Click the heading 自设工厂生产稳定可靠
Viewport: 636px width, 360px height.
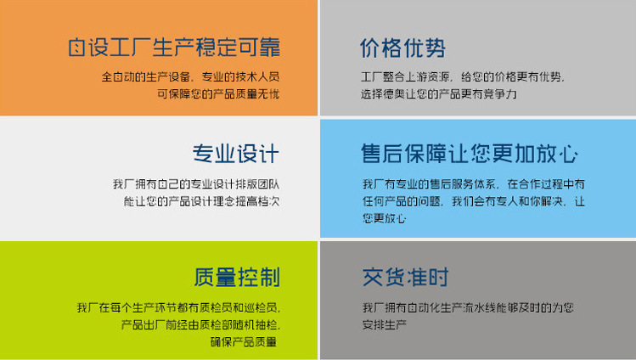point(174,47)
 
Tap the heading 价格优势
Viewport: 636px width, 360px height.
point(402,48)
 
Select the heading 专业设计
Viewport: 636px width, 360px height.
point(235,154)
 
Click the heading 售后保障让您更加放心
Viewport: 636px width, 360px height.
point(469,154)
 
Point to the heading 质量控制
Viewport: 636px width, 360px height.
point(236,277)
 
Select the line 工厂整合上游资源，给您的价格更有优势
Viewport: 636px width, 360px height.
point(462,76)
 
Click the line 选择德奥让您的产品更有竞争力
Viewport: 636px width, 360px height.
point(438,93)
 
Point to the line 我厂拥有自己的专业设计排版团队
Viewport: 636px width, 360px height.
point(196,184)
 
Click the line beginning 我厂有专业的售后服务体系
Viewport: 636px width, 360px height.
point(473,184)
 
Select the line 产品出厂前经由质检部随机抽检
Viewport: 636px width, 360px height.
point(200,324)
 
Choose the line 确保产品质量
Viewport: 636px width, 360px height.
point(244,341)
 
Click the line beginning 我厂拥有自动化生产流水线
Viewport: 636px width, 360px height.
point(468,307)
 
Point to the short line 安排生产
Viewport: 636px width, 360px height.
point(385,324)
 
